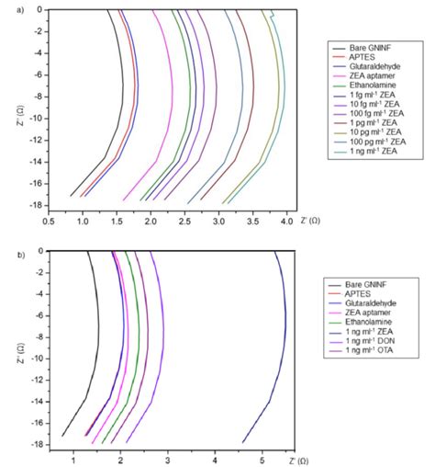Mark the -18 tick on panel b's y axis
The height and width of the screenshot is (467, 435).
[x=35, y=442]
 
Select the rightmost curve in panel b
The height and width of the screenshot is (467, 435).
[x=284, y=349]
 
